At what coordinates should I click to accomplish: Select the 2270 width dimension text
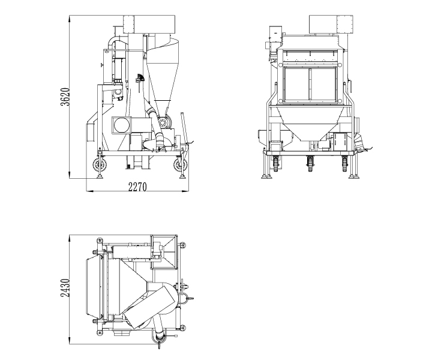(x=137, y=186)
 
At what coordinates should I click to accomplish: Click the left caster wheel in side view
(x=99, y=165)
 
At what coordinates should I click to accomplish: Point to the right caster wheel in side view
(x=178, y=166)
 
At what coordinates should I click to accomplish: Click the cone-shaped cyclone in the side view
(x=160, y=72)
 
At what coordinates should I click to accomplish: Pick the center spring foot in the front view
(x=310, y=161)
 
